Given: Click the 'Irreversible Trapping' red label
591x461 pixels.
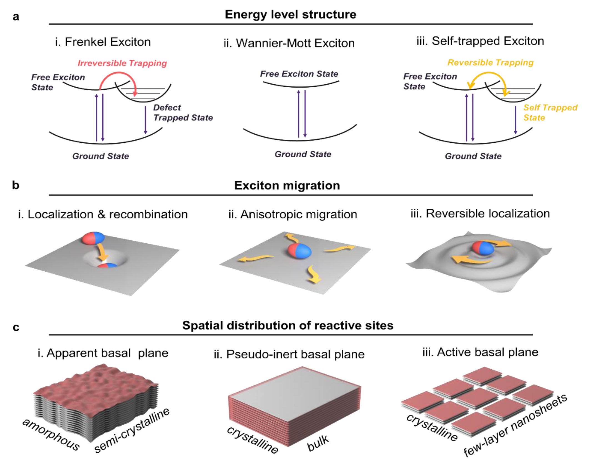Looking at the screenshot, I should tap(122, 63).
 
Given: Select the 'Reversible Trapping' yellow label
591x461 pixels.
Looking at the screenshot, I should tap(490, 63).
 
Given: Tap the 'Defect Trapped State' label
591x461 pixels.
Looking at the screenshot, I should tap(183, 113).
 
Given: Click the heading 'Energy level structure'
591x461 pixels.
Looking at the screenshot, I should tap(290, 14).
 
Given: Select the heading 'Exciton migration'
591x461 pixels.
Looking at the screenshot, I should tap(287, 185).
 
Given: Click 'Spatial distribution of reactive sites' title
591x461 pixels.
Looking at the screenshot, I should tap(288, 325).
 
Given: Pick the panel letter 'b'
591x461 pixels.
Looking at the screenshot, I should tap(16, 185).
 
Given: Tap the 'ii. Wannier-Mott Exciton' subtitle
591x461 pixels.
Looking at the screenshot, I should tap(289, 43).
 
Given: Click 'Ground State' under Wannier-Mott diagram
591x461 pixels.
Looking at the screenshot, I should tap(303, 154).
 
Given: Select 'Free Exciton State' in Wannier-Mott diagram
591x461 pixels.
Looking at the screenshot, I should tap(299, 74).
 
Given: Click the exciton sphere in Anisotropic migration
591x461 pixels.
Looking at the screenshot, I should tap(300, 251).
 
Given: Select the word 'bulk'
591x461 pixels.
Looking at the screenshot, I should tap(318, 443).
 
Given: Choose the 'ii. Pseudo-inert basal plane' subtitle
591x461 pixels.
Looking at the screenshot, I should tap(289, 354).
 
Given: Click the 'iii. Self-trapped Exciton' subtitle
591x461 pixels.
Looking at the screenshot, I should tap(480, 41).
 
